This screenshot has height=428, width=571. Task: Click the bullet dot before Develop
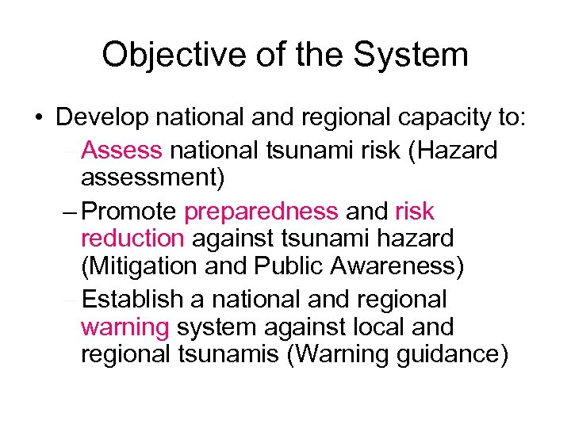(39, 119)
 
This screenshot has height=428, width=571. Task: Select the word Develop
(102, 118)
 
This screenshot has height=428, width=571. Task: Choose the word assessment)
(153, 178)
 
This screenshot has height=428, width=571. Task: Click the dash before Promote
(69, 212)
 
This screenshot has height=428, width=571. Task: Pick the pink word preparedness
(261, 212)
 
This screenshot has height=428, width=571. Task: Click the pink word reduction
(132, 239)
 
